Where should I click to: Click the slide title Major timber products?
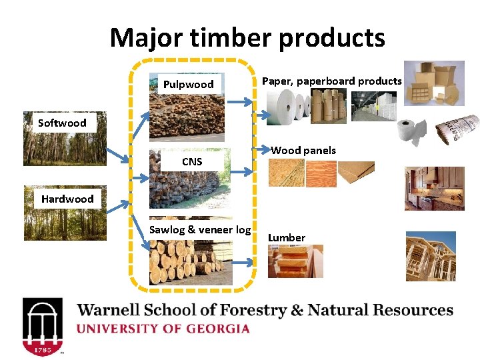point(247,38)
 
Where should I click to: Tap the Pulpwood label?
point(189,84)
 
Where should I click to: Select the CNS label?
point(192,162)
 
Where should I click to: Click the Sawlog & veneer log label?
point(200,230)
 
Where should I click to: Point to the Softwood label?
point(62,123)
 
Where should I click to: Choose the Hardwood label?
point(67,199)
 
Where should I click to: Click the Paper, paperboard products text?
point(331,81)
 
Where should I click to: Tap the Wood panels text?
point(303,150)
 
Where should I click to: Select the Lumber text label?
point(287,237)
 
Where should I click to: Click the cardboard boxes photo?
point(434,84)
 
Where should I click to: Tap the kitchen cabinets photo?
point(434,187)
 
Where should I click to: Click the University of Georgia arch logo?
point(43,326)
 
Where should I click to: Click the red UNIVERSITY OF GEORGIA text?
point(164,329)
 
